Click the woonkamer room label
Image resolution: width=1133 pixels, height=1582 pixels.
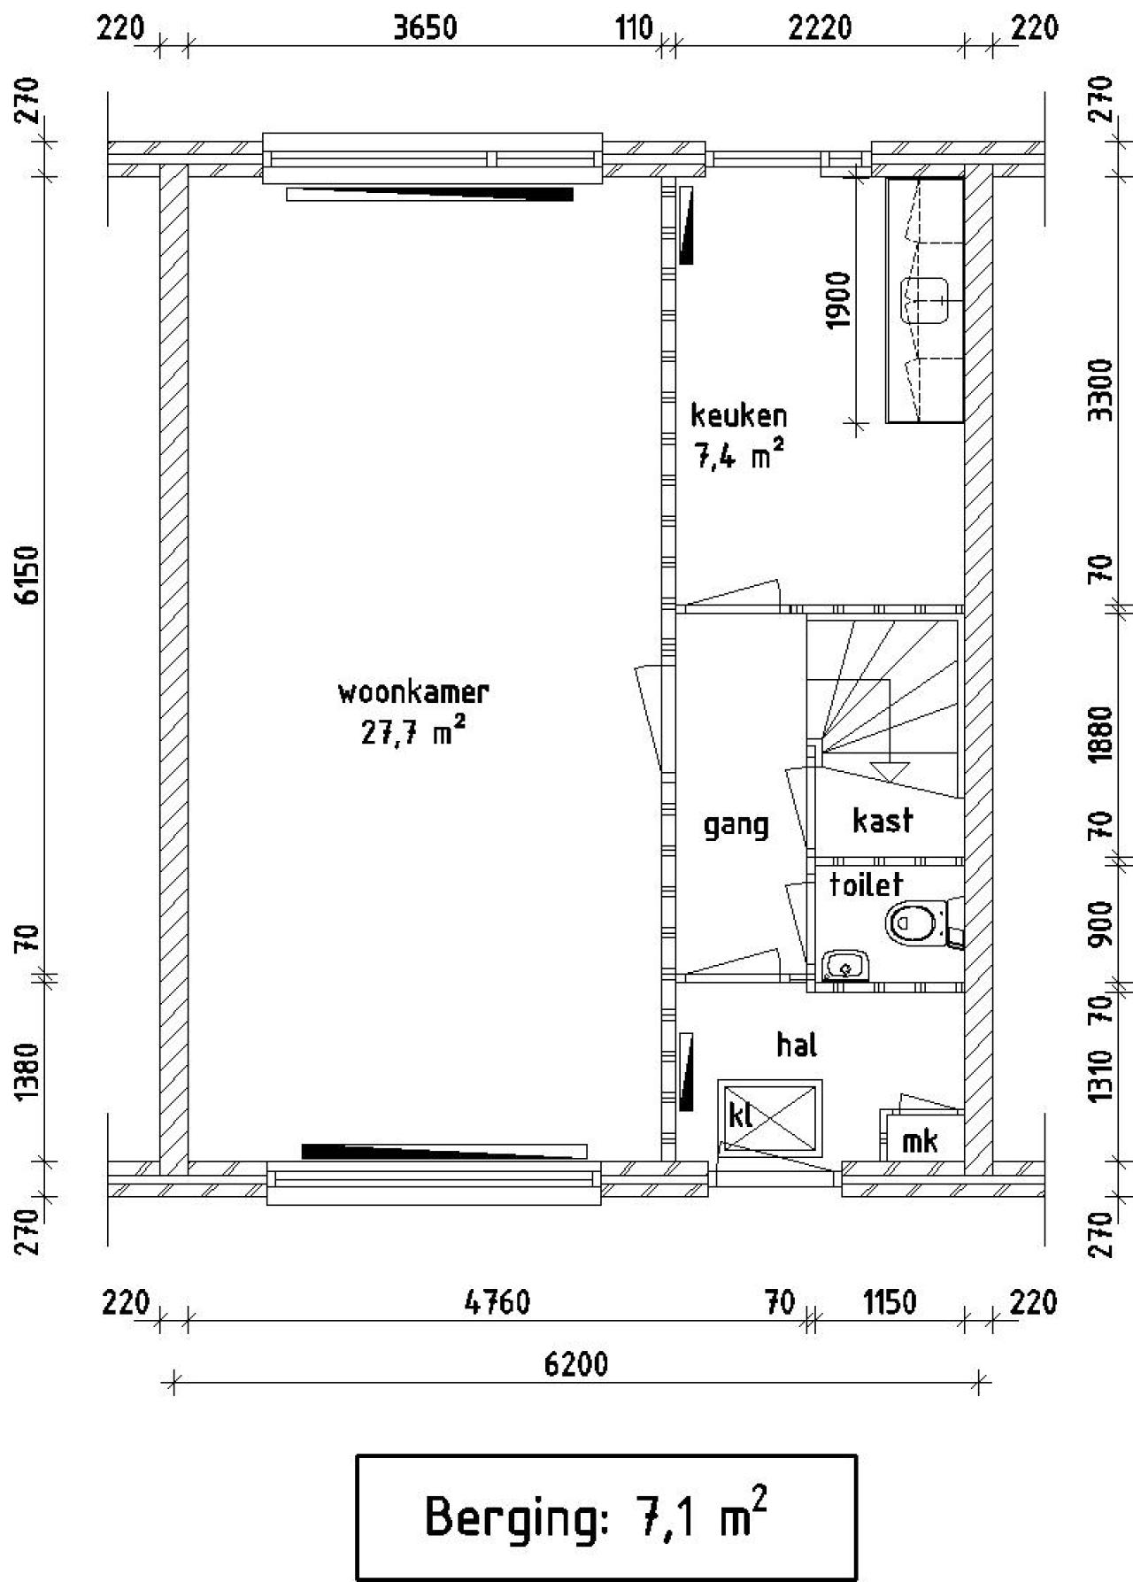point(412,692)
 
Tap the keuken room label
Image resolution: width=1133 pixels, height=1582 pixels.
point(738,415)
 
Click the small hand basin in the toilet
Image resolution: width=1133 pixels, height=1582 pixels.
point(846,966)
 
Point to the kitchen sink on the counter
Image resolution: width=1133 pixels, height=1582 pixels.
point(925,299)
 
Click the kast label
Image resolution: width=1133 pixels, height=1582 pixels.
point(883,821)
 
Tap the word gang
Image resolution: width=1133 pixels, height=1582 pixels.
point(736,825)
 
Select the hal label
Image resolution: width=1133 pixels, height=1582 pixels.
point(797,1046)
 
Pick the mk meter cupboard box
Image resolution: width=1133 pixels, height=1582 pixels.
point(921,1141)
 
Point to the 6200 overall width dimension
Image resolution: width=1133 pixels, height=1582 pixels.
point(576,1364)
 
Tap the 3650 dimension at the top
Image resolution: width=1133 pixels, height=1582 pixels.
point(425,28)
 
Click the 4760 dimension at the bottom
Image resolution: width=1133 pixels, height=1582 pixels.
point(497,1303)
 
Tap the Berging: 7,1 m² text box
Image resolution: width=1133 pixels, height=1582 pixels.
point(606,1516)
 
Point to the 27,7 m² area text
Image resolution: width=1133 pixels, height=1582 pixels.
point(412,733)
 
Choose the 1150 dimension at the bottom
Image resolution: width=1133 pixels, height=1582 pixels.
point(890,1303)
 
